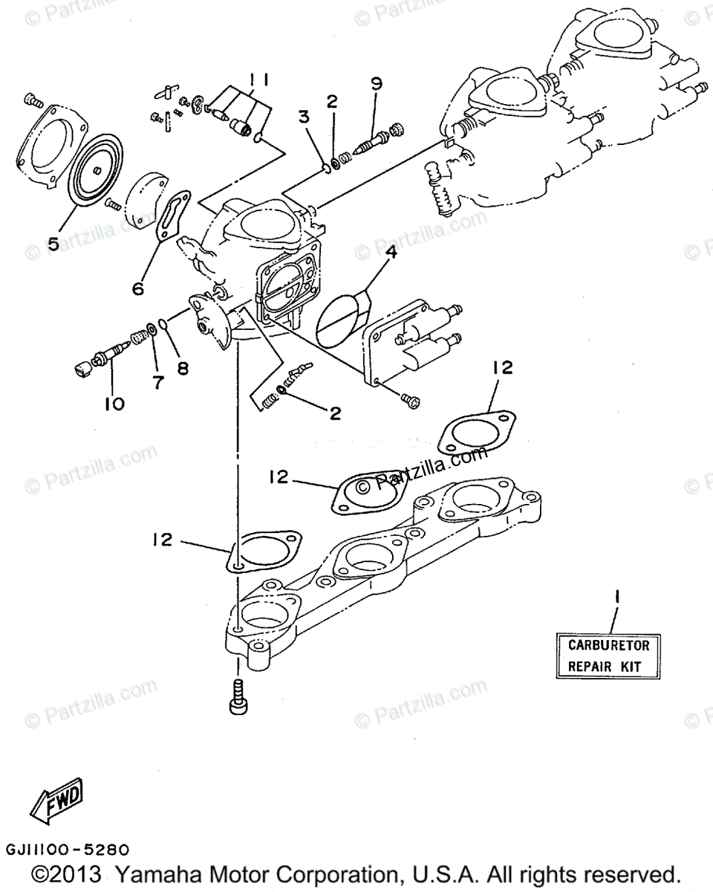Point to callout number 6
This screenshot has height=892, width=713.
coord(138,288)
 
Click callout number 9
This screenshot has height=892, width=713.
coord(377,83)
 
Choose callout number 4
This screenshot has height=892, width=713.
coord(391,252)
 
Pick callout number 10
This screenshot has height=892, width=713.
coord(114,404)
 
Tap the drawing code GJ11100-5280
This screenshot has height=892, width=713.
coord(68,849)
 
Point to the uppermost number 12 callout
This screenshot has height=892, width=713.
coord(501,367)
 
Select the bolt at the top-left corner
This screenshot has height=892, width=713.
coord(32,100)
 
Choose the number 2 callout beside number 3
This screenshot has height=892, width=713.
coord(332,100)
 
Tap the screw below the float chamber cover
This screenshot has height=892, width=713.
coord(408,400)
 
